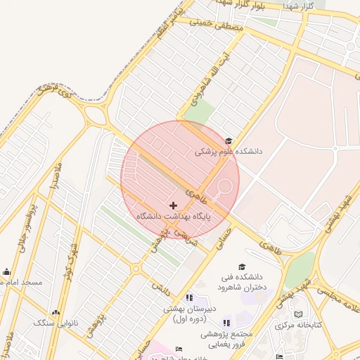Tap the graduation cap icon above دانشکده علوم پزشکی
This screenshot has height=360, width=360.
[227, 141]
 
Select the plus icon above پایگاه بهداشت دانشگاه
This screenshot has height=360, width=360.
[174, 205]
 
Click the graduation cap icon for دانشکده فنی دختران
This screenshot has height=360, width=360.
[242, 267]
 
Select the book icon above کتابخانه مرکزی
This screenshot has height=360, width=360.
[298, 314]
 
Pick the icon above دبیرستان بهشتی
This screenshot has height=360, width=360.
[188, 298]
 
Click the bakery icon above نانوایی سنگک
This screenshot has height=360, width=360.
[56, 311]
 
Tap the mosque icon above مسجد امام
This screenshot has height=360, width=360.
[7, 272]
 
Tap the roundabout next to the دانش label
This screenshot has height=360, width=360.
[135, 269]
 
